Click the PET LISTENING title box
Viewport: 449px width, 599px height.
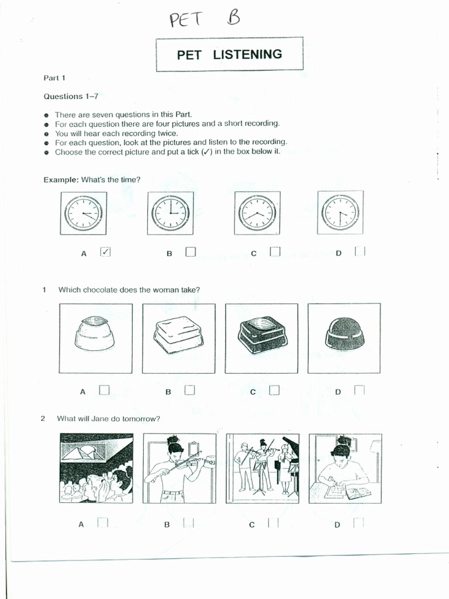[229, 54]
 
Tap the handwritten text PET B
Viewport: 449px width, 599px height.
[205, 20]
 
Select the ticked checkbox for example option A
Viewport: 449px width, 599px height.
[106, 252]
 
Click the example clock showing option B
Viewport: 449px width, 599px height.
[170, 213]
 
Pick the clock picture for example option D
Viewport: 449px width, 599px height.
[340, 213]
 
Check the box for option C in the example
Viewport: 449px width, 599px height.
[275, 252]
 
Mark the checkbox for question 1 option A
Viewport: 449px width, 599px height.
[104, 390]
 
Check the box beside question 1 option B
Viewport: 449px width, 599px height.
[189, 390]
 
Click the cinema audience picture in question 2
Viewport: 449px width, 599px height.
[96, 468]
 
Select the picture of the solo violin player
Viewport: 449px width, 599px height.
[179, 468]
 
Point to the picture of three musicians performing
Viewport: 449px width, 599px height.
[263, 468]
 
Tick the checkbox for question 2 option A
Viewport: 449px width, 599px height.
[103, 523]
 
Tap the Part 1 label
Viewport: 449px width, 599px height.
[54, 77]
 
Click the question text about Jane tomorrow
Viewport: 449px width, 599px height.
[108, 418]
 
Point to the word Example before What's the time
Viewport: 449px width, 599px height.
[61, 179]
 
